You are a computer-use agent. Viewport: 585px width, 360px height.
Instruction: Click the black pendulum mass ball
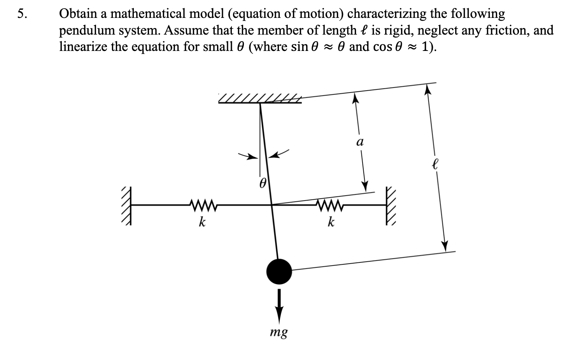[x=279, y=271]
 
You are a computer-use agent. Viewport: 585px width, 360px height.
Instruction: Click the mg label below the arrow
[x=279, y=332]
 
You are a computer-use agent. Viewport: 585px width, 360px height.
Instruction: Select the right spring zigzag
[x=330, y=204]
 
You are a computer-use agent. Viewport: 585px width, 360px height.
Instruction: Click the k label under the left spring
[x=202, y=222]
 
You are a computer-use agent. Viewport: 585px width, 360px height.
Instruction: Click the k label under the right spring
[x=331, y=222]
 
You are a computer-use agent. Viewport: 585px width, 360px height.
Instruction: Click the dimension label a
[x=360, y=142]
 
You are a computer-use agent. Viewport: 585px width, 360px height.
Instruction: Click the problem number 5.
[x=23, y=14]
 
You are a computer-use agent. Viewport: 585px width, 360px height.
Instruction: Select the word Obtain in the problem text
[x=77, y=14]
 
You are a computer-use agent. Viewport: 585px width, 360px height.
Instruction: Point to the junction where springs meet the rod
[x=271, y=204]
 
